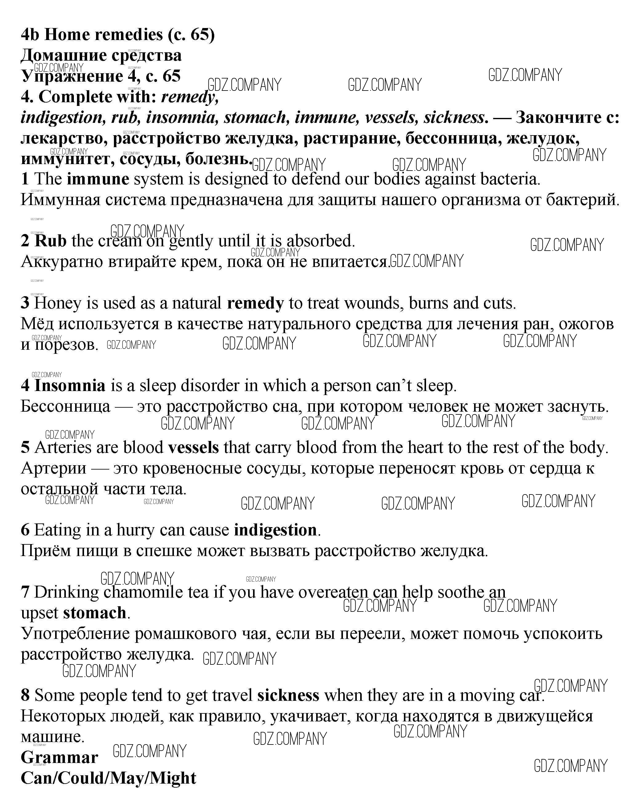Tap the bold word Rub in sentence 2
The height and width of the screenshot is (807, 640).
click(x=50, y=241)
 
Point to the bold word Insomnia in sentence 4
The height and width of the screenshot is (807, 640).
click(x=70, y=385)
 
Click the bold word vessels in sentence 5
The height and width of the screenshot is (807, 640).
click(x=194, y=448)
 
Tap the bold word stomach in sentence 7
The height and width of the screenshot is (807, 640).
click(x=95, y=613)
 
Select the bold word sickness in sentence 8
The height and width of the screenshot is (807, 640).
click(x=288, y=696)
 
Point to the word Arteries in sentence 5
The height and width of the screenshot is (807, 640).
click(x=62, y=448)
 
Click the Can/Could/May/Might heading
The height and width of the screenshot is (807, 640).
click(x=109, y=778)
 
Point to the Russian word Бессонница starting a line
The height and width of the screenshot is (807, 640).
click(x=66, y=406)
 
